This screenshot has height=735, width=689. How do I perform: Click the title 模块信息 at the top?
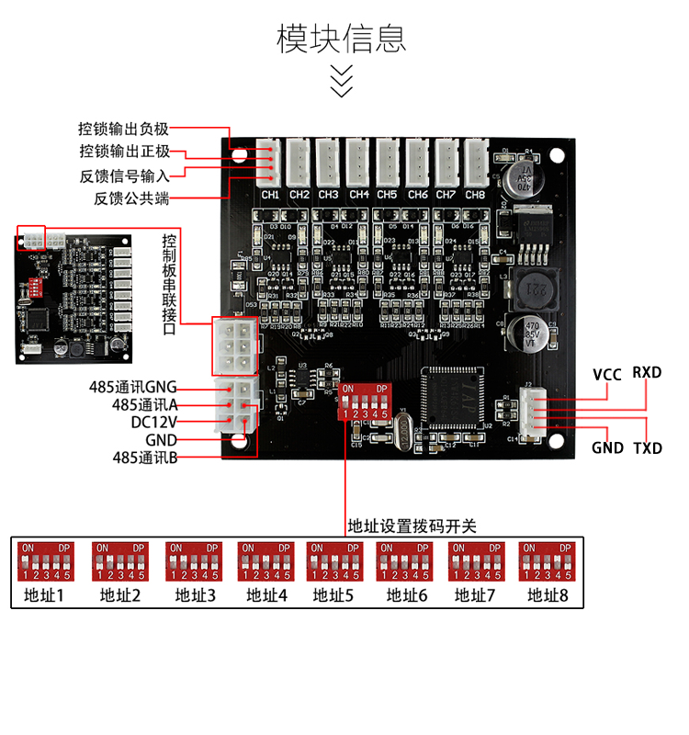coord(342,39)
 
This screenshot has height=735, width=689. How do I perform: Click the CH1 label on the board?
coord(270,195)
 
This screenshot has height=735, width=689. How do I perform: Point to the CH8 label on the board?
coord(475,195)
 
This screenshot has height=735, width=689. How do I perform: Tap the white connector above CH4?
coord(358,163)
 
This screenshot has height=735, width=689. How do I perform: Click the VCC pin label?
coord(607,374)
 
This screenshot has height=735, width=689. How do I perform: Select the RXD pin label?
coord(647,373)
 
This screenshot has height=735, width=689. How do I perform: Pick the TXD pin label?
coord(648,448)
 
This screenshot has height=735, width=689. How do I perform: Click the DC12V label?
coord(153,422)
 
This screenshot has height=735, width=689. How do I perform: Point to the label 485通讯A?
coord(145,404)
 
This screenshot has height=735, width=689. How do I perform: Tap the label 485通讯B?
coord(145,457)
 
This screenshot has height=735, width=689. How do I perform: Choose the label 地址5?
coord(333,595)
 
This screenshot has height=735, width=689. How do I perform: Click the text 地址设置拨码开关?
coord(412,526)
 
